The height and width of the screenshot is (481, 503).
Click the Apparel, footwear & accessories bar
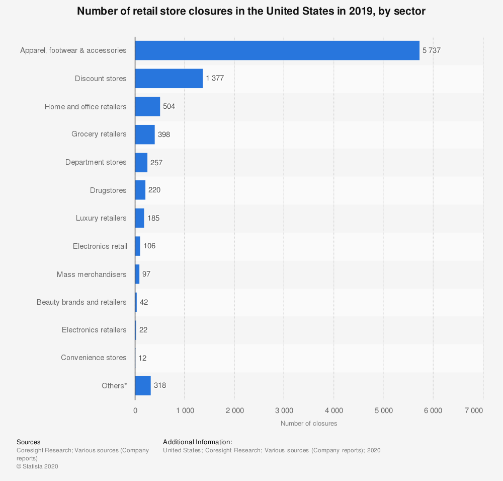pos(277,50)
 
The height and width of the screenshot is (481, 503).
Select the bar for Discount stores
pos(169,79)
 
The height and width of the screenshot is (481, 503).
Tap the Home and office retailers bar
pos(147,107)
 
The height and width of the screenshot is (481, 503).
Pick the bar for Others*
pos(143,385)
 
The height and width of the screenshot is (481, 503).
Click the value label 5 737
pos(432,50)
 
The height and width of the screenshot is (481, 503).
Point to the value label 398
pos(164,134)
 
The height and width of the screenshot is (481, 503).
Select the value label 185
pos(153,218)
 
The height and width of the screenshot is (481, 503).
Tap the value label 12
pos(142,358)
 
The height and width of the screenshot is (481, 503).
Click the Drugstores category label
pos(108,190)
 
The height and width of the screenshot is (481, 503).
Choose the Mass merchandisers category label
pos(92,274)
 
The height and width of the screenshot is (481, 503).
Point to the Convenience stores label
pos(94,358)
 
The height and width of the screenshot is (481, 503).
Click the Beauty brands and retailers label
pos(81,302)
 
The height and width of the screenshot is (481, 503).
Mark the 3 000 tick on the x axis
pos(284,410)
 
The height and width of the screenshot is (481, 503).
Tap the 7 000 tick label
pos(473,410)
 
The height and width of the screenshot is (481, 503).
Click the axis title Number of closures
pos(309,424)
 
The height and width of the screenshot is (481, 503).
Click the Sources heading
pos(28,442)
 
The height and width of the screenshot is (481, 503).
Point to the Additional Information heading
pos(198,442)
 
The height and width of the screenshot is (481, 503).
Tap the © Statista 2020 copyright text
pos(37,466)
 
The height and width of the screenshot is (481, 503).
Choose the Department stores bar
pos(141,162)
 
